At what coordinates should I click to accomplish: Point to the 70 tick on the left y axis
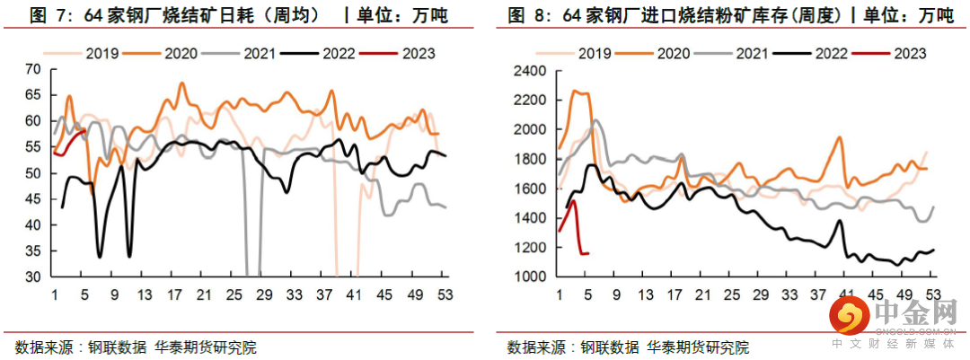34,69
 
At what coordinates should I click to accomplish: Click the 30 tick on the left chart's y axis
34,277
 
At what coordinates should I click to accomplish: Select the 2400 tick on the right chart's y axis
529,71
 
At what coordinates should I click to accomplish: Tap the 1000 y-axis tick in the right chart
529,277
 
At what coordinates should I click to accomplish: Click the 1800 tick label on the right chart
529,159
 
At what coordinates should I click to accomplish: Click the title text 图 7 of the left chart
49,15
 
